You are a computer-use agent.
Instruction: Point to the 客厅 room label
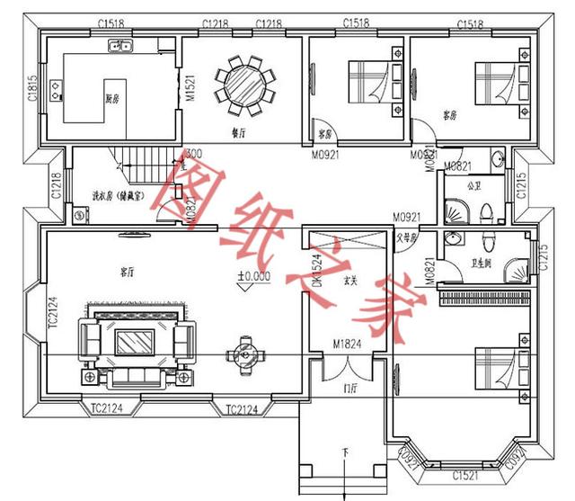[x=127, y=270]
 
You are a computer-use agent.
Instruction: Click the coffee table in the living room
[x=137, y=344]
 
